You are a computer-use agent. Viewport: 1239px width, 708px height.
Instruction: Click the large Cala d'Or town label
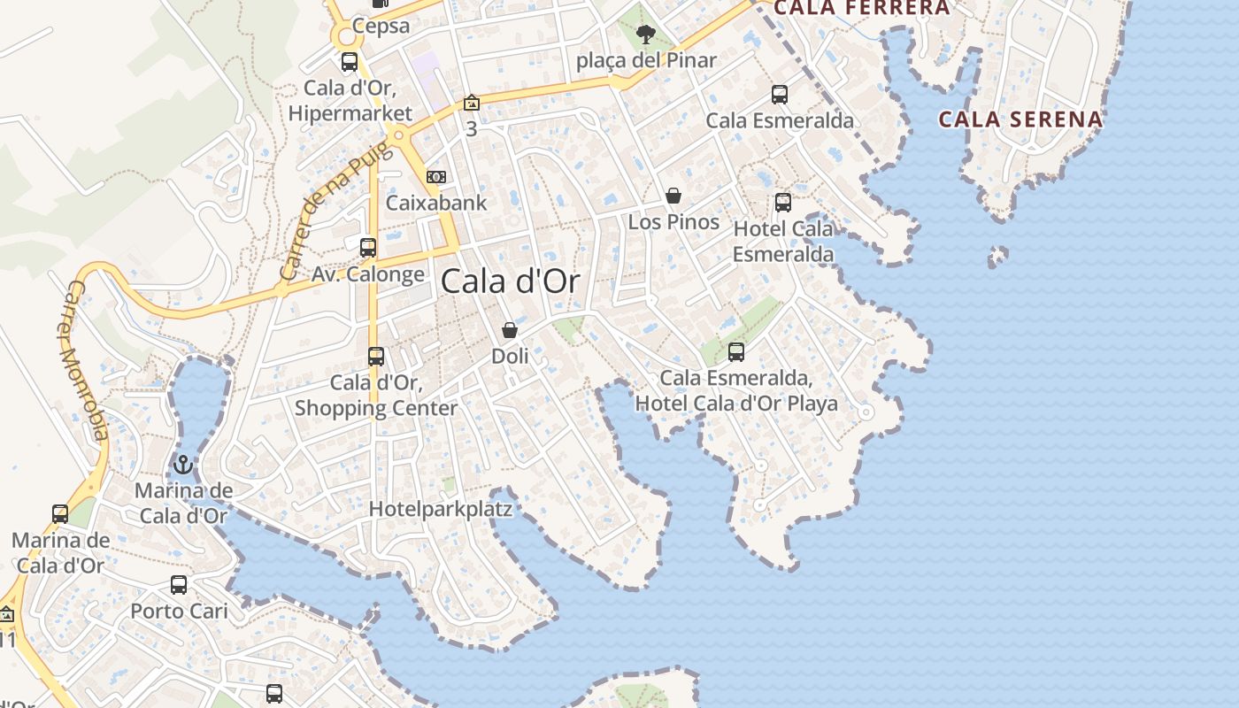pyautogui.click(x=510, y=282)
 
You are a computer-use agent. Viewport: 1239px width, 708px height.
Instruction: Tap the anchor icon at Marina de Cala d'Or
pyautogui.click(x=183, y=464)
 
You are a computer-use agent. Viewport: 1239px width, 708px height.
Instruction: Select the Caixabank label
pyautogui.click(x=436, y=203)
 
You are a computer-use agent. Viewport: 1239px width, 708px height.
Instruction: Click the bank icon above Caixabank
pyautogui.click(x=436, y=177)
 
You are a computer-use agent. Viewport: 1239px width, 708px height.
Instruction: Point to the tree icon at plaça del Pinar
pyautogui.click(x=646, y=35)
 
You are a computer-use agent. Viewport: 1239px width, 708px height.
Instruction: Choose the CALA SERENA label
pyautogui.click(x=1020, y=119)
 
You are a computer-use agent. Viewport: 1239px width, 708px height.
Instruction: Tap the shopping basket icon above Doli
pyautogui.click(x=510, y=330)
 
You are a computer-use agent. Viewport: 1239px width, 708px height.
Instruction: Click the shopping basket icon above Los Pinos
pyautogui.click(x=673, y=196)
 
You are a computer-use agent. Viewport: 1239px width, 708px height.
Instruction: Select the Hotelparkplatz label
pyautogui.click(x=441, y=509)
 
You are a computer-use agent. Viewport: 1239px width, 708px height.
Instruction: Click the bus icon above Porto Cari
pyautogui.click(x=179, y=585)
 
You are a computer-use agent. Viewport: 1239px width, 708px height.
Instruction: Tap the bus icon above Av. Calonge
pyautogui.click(x=368, y=248)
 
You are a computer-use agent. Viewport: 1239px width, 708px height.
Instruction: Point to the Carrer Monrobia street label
pyautogui.click(x=85, y=360)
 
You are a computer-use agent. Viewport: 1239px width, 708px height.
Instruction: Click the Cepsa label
pyautogui.click(x=381, y=26)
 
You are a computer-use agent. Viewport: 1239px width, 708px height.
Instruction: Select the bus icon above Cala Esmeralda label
pyautogui.click(x=780, y=95)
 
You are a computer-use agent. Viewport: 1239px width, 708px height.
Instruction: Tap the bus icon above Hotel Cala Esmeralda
pyautogui.click(x=783, y=203)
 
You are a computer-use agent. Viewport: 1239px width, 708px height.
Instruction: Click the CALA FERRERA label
pyautogui.click(x=861, y=8)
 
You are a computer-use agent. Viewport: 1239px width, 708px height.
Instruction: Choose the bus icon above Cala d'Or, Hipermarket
pyautogui.click(x=350, y=62)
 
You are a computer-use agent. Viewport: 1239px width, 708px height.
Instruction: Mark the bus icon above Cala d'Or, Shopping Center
pyautogui.click(x=376, y=357)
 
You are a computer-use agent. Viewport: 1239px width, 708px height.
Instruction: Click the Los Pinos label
pyautogui.click(x=673, y=221)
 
